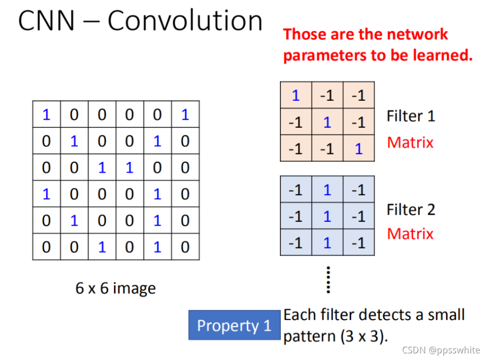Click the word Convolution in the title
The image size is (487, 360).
[x=185, y=21]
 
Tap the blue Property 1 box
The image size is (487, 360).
[x=234, y=325]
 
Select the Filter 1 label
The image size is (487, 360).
[x=411, y=116]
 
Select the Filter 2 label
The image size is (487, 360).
[x=411, y=209]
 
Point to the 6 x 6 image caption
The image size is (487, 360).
[x=115, y=288]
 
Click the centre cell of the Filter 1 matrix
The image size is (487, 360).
[x=327, y=123]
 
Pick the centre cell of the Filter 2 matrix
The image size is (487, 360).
[x=327, y=217]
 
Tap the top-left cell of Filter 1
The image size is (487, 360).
[x=296, y=96]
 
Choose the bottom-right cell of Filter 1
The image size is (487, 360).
[x=359, y=149]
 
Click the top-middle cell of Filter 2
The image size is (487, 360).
[x=327, y=190]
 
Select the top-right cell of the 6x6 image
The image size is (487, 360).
[x=185, y=114]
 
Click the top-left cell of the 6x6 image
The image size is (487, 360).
[x=46, y=114]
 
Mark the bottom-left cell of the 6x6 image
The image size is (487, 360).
[x=46, y=247]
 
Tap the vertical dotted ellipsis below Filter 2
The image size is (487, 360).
[x=328, y=280]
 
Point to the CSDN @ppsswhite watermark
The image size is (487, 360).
[x=441, y=350]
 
